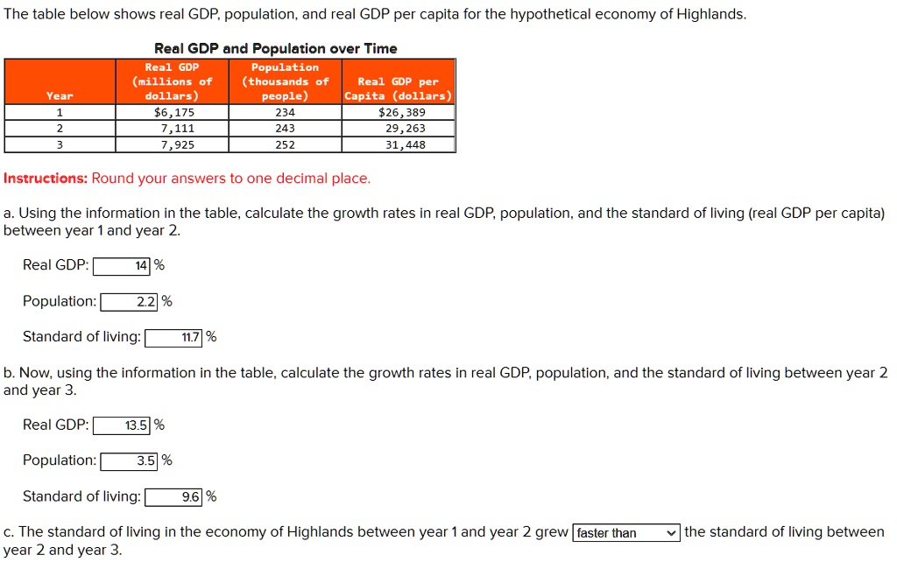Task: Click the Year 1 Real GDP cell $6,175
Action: click(173, 112)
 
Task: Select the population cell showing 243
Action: click(286, 129)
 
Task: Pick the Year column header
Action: click(60, 95)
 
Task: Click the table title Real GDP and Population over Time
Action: click(275, 49)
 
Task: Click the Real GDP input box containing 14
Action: click(122, 265)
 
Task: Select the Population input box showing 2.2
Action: click(130, 302)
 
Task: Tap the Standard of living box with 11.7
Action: click(173, 338)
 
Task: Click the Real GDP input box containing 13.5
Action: click(122, 425)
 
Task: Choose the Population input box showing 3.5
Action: click(130, 461)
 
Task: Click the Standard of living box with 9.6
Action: click(173, 497)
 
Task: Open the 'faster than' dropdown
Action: click(625, 533)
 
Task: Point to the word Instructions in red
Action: click(45, 179)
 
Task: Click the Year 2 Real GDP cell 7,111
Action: click(173, 129)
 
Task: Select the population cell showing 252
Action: click(286, 144)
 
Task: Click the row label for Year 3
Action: click(60, 144)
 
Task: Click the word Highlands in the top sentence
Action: click(710, 15)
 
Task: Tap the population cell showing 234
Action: click(286, 112)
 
